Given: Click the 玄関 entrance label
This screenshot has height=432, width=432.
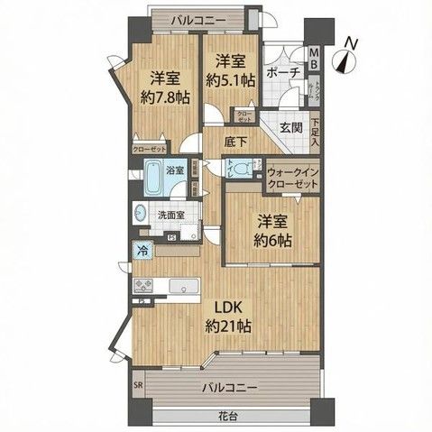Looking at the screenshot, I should point(290,128).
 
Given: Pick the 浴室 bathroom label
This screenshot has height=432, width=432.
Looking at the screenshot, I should point(175,169).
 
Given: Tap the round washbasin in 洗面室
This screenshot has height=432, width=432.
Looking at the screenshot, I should point(143,216).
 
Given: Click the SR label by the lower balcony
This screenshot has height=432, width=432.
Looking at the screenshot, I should point(137,384).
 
